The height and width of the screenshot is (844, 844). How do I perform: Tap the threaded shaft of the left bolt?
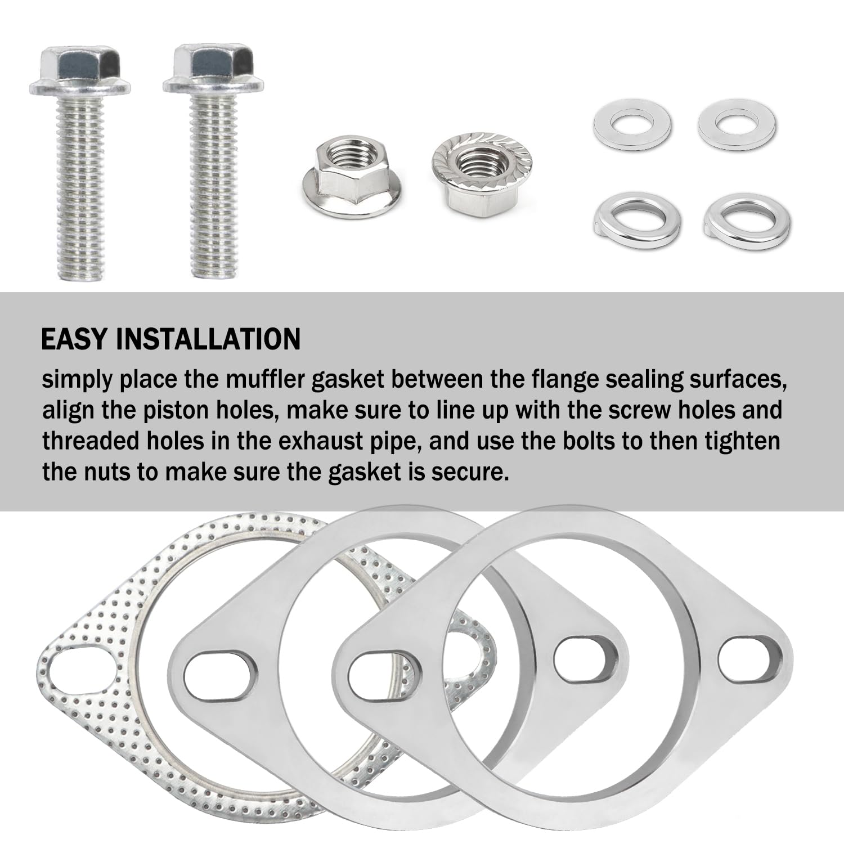(79, 186)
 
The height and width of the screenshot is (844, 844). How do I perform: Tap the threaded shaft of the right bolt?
(214, 186)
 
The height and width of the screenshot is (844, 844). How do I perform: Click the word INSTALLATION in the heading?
(208, 339)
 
